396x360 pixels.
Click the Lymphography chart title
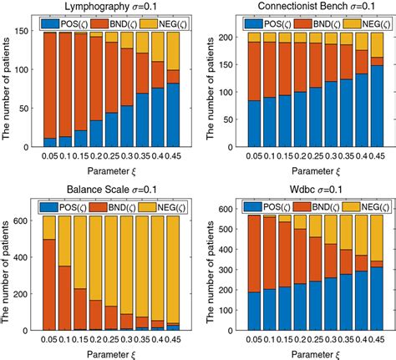107,7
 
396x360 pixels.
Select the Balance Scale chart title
107,189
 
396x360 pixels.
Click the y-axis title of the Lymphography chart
8,84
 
